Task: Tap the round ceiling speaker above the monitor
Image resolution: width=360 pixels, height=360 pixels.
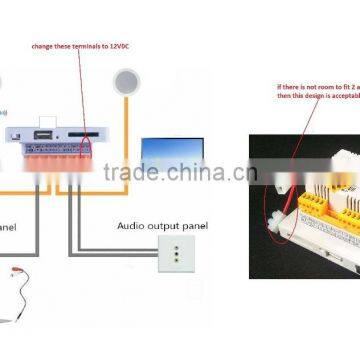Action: [x=127, y=81]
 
